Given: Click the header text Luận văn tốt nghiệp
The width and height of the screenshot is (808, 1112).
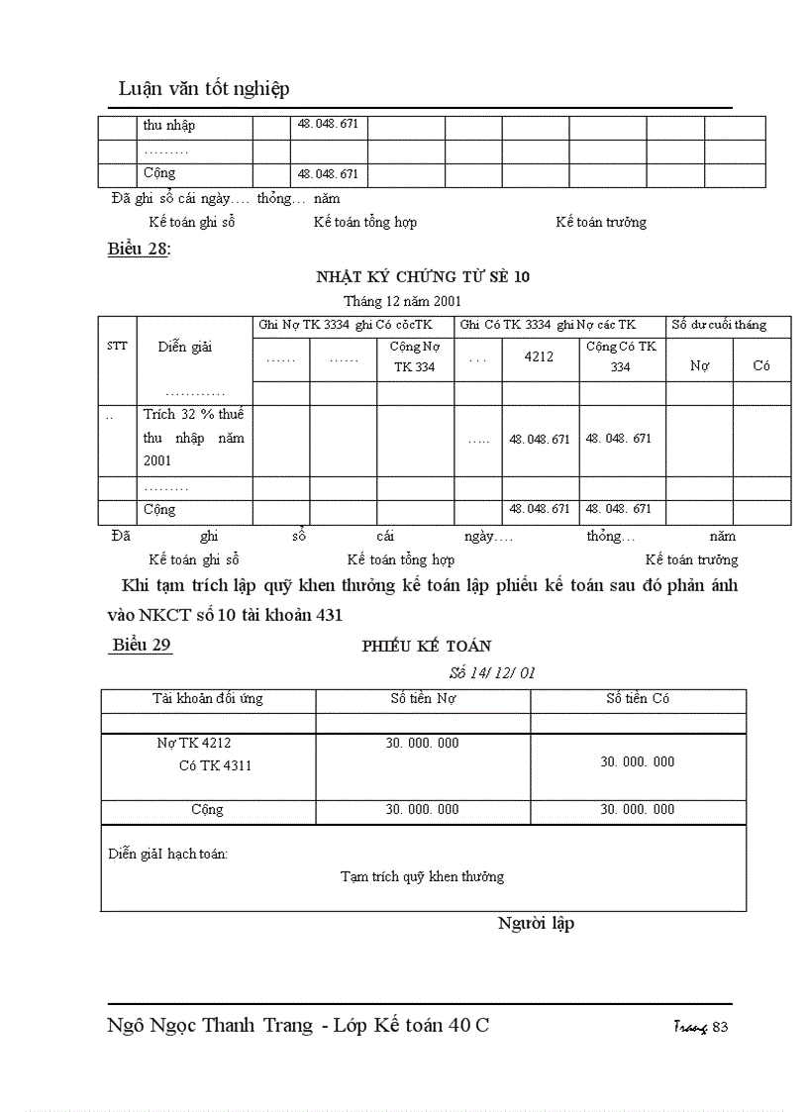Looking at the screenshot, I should pyautogui.click(x=204, y=89).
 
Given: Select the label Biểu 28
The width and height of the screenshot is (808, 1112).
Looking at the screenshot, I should pyautogui.click(x=138, y=250).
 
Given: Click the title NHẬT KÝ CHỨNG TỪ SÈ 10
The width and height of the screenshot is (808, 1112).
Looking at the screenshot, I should pyautogui.click(x=423, y=276).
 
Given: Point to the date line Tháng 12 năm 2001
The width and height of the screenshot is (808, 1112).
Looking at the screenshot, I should pyautogui.click(x=402, y=300).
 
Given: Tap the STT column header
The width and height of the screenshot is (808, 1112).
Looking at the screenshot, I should pyautogui.click(x=117, y=347).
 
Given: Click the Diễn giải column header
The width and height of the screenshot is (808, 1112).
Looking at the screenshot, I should pyautogui.click(x=185, y=347).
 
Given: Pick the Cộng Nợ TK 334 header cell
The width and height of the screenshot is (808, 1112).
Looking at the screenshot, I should pyautogui.click(x=415, y=356).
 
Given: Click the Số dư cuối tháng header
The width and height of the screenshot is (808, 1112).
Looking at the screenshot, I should pyautogui.click(x=718, y=325).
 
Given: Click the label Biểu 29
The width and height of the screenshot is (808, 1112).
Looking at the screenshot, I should pyautogui.click(x=142, y=645).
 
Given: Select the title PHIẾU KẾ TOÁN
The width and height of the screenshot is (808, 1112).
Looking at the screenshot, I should pyautogui.click(x=426, y=646).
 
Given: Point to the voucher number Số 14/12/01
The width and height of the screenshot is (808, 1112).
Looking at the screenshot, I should pyautogui.click(x=492, y=672).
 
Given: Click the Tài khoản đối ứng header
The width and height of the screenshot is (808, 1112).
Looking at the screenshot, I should pyautogui.click(x=207, y=699).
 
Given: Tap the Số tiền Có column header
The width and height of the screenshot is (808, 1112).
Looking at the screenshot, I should pyautogui.click(x=638, y=699).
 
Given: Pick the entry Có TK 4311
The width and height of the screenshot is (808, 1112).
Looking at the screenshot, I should pyautogui.click(x=215, y=765).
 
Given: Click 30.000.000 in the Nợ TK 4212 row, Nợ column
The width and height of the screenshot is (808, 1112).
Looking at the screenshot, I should pyautogui.click(x=422, y=744).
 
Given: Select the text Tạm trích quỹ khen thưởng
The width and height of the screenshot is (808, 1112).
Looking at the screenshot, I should pyautogui.click(x=422, y=876).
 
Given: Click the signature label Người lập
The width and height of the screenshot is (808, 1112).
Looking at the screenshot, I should pyautogui.click(x=536, y=924).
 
